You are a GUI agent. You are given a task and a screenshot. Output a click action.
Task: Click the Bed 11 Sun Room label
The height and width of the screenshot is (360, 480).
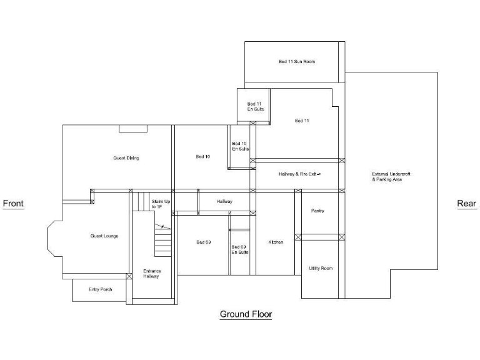tap(296, 62)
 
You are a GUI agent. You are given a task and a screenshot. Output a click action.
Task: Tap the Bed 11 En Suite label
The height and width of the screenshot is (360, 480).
tap(255, 106)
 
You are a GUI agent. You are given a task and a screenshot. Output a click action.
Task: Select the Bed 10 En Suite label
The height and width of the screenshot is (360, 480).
tap(240, 146)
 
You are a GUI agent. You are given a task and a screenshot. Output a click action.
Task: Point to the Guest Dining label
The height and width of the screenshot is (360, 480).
tap(126, 158)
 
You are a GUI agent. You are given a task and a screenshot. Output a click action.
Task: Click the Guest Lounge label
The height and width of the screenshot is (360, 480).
tap(104, 236)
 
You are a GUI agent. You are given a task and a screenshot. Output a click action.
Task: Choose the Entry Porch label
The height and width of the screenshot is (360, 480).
tap(100, 289)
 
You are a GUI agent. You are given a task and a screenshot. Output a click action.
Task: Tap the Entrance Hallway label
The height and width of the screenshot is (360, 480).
tap(152, 273)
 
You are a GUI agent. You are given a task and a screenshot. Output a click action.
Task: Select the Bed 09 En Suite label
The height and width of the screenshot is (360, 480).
tap(240, 249)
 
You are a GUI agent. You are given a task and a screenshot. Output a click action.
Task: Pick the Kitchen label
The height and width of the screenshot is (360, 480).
tap(276, 242)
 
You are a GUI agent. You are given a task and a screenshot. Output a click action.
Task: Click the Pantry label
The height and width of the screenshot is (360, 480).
tap(317, 211)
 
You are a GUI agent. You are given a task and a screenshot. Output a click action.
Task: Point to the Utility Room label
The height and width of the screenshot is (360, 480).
tap(321, 268)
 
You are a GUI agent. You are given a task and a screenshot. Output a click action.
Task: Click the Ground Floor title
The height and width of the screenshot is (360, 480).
tap(246, 314)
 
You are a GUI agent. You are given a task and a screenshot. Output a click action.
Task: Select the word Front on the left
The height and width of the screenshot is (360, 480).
tap(13, 203)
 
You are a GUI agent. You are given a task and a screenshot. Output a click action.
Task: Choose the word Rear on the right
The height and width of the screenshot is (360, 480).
tap(466, 203)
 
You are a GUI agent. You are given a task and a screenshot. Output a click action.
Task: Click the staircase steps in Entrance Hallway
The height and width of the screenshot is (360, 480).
tap(162, 241)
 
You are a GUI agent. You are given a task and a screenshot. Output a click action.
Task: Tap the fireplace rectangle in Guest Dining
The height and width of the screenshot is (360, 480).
tap(132, 128)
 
